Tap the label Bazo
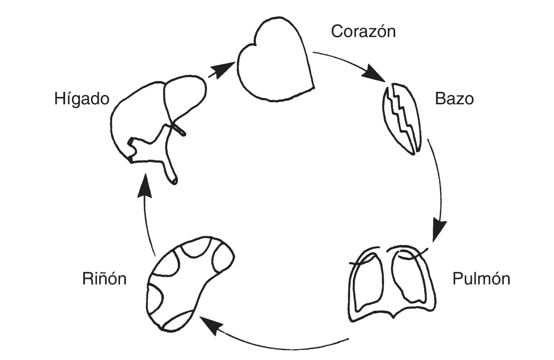coord(454,99)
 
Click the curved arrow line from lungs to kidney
coord(277,347)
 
